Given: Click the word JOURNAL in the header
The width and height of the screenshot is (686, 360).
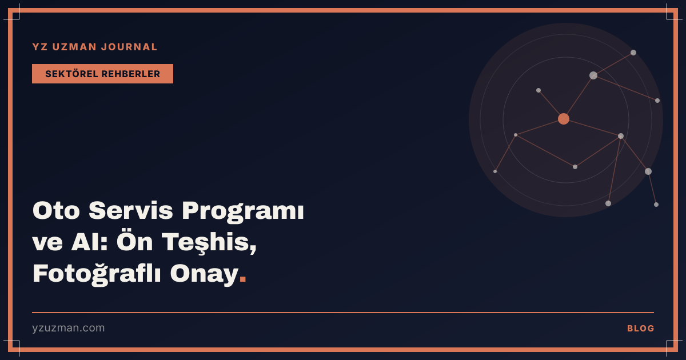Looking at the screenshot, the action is pos(129,47).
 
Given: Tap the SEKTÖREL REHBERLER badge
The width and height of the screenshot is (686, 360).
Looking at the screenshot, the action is pos(102,74).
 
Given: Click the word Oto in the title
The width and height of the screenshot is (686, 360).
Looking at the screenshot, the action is pos(57,211).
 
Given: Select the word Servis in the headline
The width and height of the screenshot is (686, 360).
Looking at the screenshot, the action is pos(131,211).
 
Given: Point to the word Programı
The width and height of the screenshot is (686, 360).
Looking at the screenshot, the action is pos(243,213).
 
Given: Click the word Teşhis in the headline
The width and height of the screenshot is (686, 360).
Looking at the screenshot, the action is pos(209,242).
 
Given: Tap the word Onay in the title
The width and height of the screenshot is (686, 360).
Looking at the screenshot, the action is pos(204,274).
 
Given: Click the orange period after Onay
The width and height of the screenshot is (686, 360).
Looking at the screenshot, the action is pos(243,279).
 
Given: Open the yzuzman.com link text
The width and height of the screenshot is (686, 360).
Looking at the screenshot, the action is pos(68,328).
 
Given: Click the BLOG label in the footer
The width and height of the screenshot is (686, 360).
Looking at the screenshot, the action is pos(640,329).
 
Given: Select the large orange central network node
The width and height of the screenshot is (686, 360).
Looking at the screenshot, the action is pos(564,119).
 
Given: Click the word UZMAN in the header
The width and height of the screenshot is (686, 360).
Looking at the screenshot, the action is pos(74,47).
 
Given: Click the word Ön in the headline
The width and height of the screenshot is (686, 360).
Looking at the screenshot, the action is pos(135,241).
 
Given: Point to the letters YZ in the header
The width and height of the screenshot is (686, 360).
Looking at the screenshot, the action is pos(40,47).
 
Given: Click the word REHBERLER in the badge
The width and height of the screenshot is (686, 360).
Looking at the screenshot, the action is pos(131,74).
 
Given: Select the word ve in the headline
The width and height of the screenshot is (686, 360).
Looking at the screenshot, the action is pos(47,243).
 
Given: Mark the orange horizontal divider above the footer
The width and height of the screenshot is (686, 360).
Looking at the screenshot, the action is pos(343,313).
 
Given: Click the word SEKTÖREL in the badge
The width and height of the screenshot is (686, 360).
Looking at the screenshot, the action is pos(71,74).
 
